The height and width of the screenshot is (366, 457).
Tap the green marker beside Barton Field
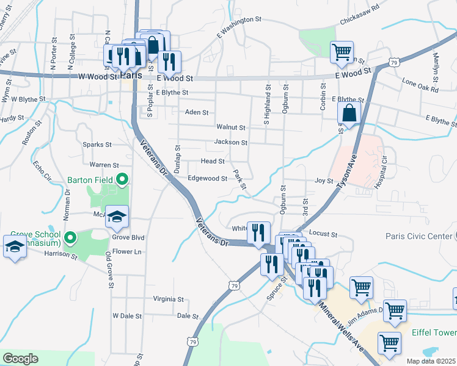pos(122,179)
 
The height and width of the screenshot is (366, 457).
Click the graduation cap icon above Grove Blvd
pos(117,216)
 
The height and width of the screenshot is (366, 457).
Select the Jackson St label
pos(230,143)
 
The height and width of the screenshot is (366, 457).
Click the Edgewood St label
pos(208,178)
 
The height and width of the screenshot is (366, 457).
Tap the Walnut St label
pos(231,127)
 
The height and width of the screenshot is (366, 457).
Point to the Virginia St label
pos(168,300)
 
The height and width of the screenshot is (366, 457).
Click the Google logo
pos(20,359)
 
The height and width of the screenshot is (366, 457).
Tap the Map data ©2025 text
pos(431,361)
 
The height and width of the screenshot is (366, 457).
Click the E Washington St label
pos(238,29)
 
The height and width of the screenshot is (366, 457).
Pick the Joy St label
pos(324,181)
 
